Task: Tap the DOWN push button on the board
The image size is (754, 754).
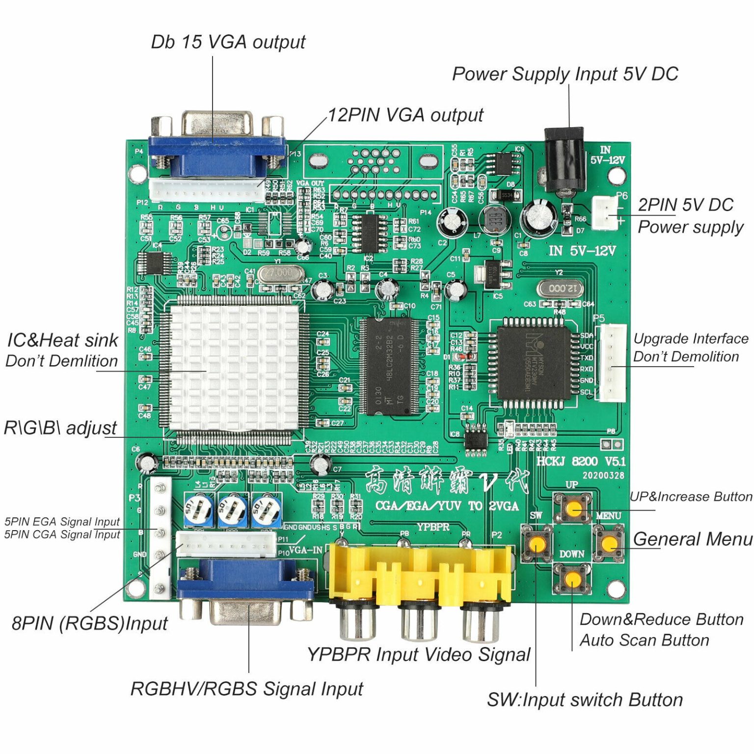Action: [x=572, y=579]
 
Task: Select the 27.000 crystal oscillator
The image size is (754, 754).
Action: [x=279, y=273]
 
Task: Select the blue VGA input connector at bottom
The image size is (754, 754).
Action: [x=245, y=589]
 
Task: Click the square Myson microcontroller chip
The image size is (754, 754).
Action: [x=533, y=362]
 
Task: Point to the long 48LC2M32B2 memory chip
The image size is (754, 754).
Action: [x=389, y=366]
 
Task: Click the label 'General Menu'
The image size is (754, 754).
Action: [x=693, y=539]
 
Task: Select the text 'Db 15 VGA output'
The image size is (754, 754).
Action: [x=228, y=42]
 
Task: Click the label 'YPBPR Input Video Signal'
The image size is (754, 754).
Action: [x=419, y=654]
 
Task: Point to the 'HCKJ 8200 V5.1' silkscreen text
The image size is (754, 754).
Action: [x=581, y=461]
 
